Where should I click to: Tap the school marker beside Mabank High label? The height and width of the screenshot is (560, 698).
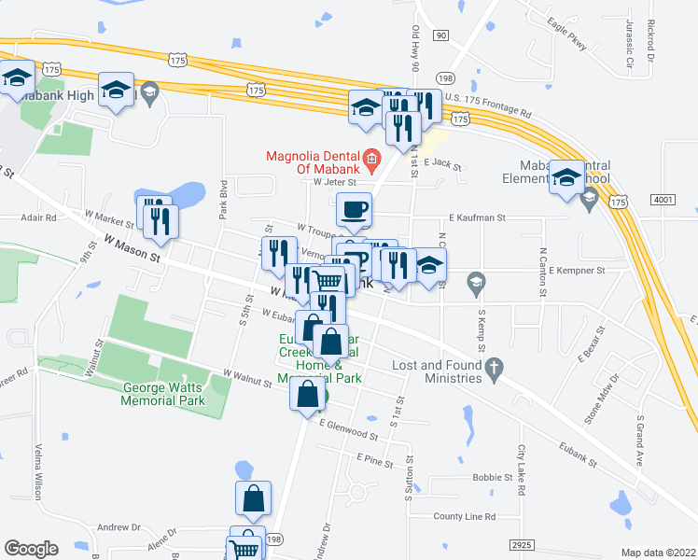[x=116, y=91]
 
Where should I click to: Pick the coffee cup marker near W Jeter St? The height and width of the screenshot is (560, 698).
[x=354, y=210]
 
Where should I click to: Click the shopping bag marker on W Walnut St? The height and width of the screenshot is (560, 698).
[x=307, y=395]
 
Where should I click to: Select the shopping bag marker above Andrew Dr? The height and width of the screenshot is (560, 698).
[x=253, y=500]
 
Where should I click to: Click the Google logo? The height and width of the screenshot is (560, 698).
[x=31, y=549]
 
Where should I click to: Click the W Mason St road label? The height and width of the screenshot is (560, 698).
[x=132, y=249]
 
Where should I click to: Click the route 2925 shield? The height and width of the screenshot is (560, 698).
[x=525, y=544]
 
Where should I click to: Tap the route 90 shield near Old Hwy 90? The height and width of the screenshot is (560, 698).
[x=440, y=35]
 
